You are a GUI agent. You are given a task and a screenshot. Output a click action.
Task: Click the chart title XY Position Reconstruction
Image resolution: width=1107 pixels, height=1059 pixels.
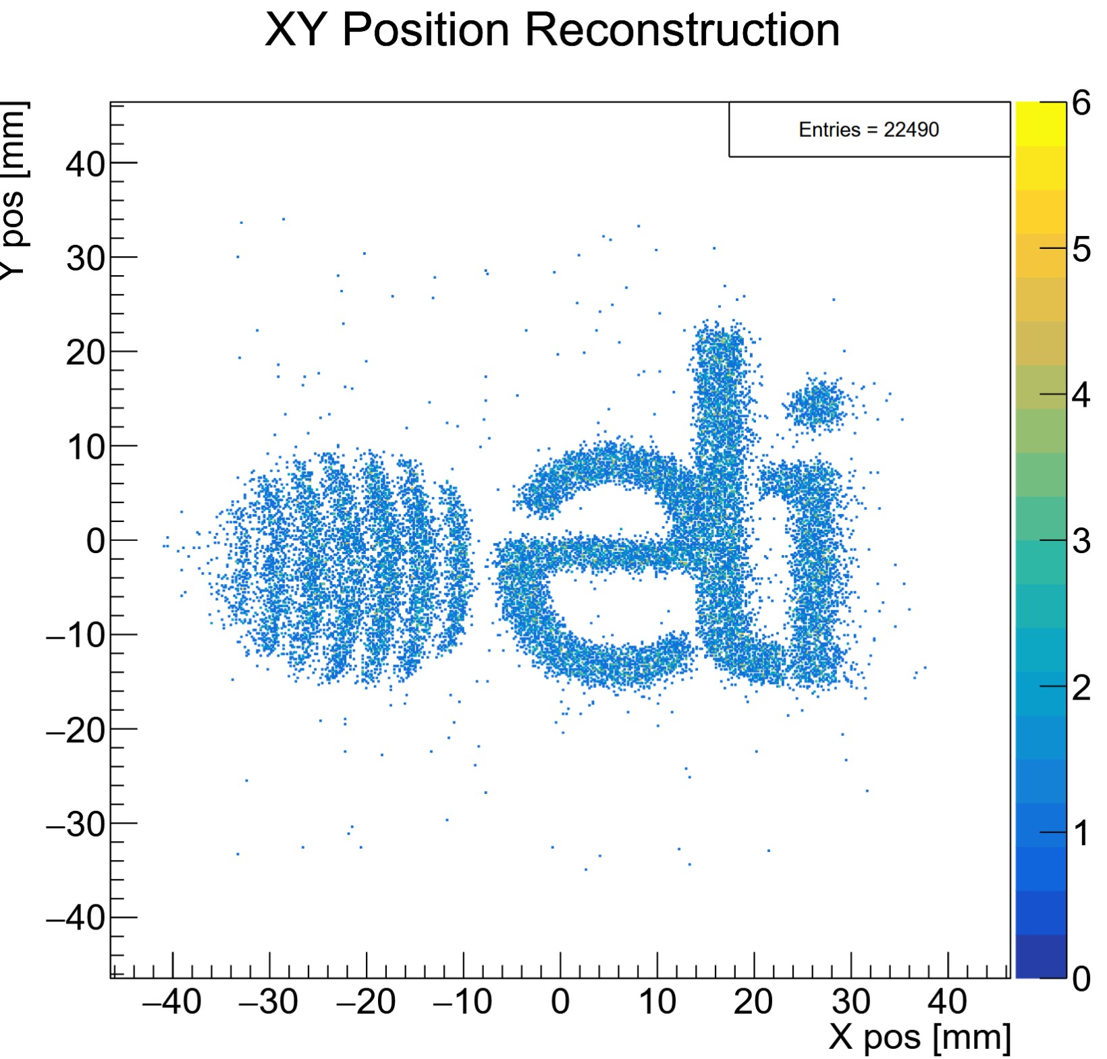552,30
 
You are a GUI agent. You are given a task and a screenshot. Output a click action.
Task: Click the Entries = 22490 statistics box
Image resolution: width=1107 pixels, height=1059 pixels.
869,130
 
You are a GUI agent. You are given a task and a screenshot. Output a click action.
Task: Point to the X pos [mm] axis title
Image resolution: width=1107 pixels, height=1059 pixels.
919,1037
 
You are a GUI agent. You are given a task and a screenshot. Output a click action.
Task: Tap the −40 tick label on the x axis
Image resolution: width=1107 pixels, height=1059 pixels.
172,1002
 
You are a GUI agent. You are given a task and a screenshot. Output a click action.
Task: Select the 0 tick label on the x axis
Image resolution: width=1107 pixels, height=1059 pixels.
560,1002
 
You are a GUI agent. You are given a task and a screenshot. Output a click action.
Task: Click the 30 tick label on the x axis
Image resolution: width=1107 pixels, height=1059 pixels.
850,1002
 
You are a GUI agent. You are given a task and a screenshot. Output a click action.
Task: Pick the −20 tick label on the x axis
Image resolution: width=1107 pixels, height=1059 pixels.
365,1002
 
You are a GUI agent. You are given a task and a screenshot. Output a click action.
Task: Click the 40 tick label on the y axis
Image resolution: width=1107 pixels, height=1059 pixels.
85,163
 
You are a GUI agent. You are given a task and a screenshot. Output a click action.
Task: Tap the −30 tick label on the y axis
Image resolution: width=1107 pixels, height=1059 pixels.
75,824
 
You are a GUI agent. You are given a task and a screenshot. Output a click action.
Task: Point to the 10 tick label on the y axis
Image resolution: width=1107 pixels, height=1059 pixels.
85,447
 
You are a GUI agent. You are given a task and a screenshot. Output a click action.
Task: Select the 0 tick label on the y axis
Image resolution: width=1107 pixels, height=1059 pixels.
96,541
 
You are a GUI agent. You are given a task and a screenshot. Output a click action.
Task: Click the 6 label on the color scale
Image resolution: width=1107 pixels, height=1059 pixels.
1081,104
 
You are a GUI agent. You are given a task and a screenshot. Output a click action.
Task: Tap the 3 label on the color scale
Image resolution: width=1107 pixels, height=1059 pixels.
1081,541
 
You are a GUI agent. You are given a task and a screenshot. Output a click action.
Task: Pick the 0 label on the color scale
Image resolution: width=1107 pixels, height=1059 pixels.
1081,978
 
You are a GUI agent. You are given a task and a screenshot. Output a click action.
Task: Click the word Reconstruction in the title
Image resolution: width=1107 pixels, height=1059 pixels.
682,30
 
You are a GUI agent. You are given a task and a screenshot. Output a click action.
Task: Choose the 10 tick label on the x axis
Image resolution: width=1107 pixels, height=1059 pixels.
657,1002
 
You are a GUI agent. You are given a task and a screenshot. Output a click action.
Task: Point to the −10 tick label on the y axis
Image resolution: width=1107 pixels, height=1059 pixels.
75,635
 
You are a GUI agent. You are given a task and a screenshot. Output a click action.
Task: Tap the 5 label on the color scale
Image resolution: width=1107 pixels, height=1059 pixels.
1081,250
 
